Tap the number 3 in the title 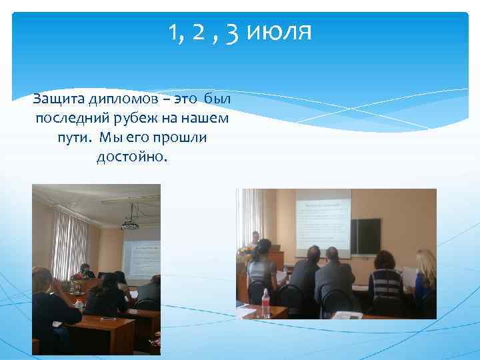click(x=233, y=32)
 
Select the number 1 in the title click(x=175, y=31)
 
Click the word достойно click(x=133, y=157)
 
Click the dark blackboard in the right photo click(x=366, y=237)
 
